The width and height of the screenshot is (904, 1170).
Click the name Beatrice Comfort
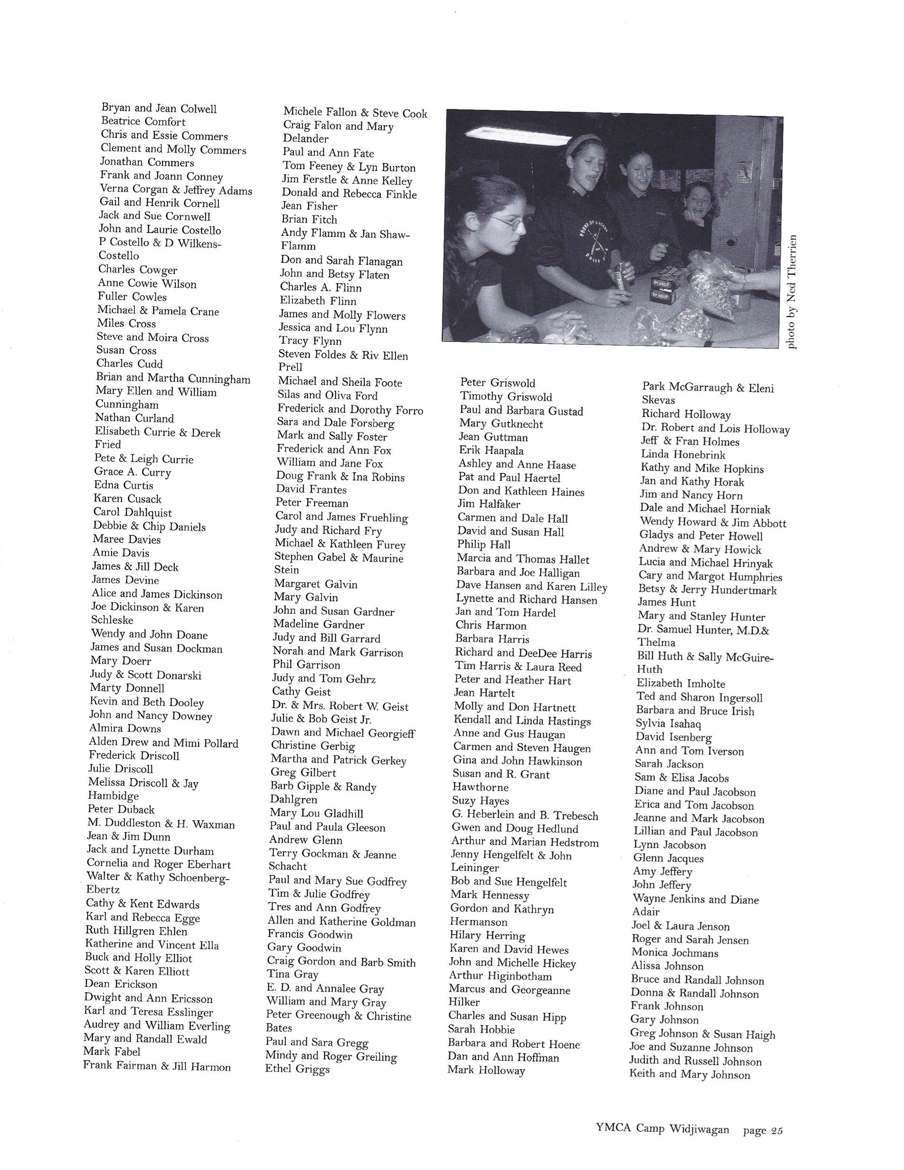coord(143,121)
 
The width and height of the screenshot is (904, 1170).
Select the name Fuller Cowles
coord(132,297)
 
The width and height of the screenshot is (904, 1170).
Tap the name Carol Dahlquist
coord(132,513)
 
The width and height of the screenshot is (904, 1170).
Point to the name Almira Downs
coord(125,728)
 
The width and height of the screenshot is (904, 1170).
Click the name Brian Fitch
coord(309,219)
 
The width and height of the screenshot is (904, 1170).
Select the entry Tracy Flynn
coord(310,341)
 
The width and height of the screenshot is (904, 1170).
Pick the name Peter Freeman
coord(312,503)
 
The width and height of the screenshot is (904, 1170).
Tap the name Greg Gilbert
coord(303,772)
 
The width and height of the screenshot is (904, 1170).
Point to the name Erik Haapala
coord(491,451)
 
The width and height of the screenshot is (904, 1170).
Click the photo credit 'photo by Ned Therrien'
coord(792,292)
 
